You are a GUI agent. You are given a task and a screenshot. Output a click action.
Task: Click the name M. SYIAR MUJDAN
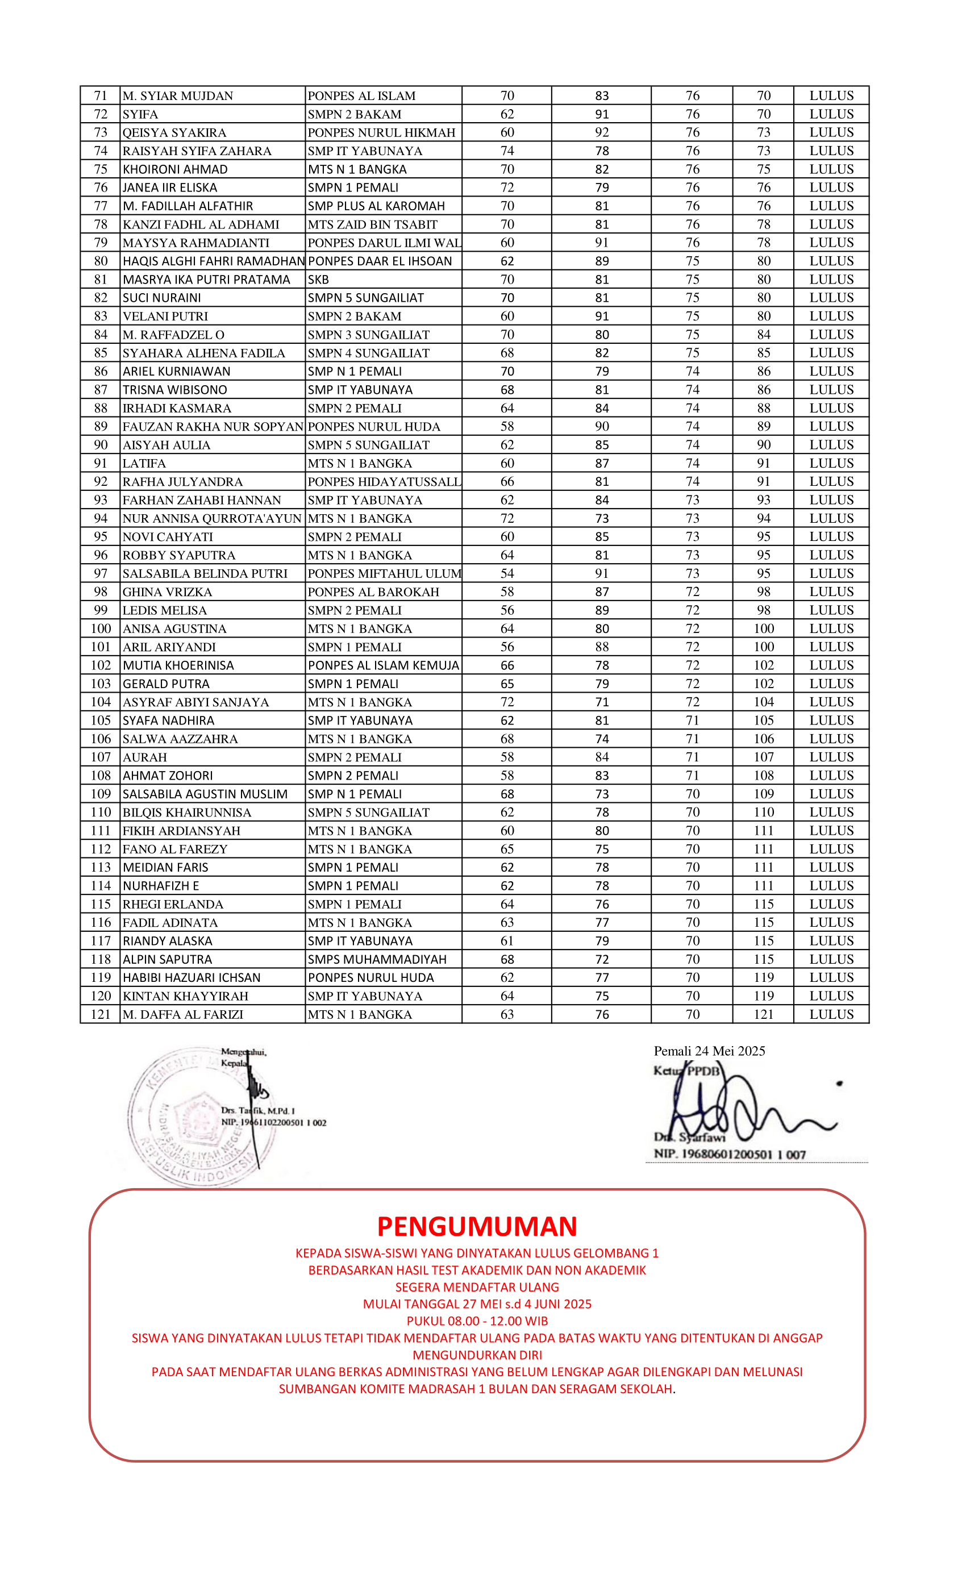pos(177,96)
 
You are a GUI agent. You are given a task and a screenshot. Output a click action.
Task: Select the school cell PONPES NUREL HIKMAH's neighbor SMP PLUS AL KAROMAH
pos(376,206)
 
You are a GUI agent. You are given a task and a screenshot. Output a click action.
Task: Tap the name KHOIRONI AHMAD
pos(175,169)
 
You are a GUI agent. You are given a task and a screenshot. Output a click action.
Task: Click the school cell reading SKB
pos(318,280)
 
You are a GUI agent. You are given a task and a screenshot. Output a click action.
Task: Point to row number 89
pos(101,426)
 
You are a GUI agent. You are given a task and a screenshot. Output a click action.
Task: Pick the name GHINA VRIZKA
pos(167,592)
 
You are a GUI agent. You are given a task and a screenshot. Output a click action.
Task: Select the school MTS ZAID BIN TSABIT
pos(373,224)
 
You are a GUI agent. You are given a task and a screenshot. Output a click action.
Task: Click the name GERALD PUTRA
pos(166,684)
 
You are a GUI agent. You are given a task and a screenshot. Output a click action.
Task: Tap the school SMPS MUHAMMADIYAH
pos(377,960)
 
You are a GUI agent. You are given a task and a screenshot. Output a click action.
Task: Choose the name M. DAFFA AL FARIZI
pos(183,1014)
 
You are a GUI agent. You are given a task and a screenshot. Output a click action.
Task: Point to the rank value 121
pos(763,1014)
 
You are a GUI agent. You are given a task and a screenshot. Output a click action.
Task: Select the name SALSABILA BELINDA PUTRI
pos(205,573)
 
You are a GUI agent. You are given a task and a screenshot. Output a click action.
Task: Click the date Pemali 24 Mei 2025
pos(709,1051)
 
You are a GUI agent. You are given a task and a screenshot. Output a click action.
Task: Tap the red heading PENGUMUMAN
pos(477,1226)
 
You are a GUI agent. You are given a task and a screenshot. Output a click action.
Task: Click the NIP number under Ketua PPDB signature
pos(730,1155)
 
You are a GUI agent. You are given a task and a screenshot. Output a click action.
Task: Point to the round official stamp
pos(202,1117)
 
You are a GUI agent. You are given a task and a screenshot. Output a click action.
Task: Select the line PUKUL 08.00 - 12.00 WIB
pos(477,1321)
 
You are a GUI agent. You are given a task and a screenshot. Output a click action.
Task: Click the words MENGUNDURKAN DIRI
pos(477,1355)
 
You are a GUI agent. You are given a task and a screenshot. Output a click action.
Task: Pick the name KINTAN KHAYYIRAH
pos(185,996)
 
